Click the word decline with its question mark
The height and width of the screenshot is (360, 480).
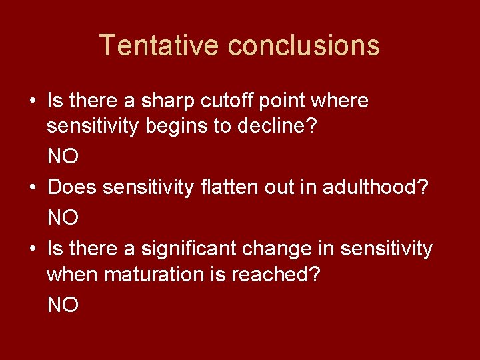(x=281, y=127)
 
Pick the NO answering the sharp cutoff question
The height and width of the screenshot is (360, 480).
(x=63, y=157)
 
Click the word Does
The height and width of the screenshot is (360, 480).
(x=72, y=187)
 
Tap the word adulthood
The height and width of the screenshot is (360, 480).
(x=376, y=187)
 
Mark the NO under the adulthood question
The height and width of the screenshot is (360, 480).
(x=63, y=217)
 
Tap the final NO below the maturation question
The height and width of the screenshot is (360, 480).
(x=63, y=305)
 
